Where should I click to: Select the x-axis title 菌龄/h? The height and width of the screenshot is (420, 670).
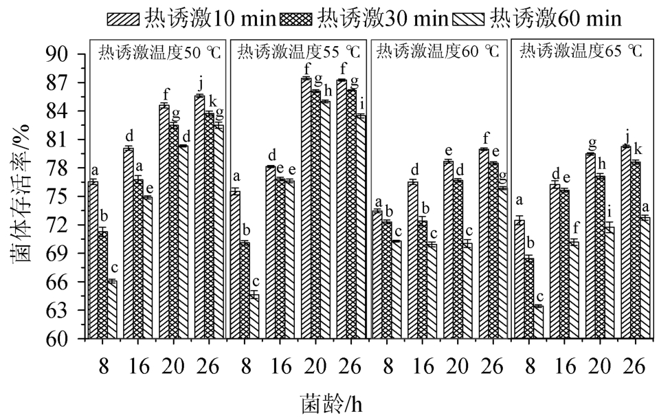331,404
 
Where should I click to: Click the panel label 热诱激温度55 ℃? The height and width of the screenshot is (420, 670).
299,52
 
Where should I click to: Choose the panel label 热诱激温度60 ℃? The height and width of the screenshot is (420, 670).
440,52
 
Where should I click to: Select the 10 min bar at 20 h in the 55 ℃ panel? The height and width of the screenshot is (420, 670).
306,208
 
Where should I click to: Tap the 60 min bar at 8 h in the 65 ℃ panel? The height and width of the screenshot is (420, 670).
538,322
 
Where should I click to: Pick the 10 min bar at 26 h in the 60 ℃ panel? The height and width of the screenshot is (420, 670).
484,243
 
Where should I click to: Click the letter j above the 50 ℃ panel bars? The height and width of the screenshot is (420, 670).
200,85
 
